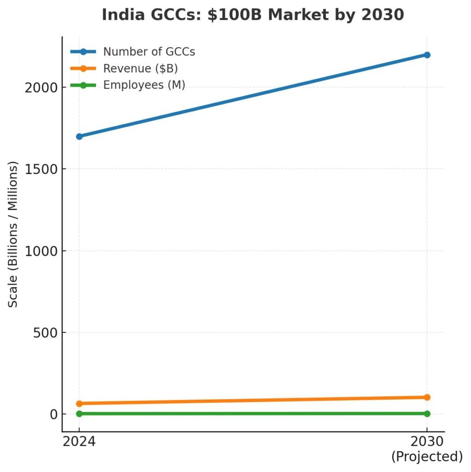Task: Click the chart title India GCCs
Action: pyautogui.click(x=253, y=15)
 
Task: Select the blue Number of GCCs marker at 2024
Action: pyautogui.click(x=79, y=136)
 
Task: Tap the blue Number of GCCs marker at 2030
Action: pyautogui.click(x=427, y=55)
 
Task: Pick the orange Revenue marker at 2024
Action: pyautogui.click(x=79, y=403)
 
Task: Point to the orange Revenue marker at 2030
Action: pyautogui.click(x=427, y=397)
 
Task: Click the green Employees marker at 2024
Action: pyautogui.click(x=79, y=414)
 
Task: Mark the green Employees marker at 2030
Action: pyautogui.click(x=427, y=414)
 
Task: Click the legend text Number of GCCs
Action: pyautogui.click(x=149, y=52)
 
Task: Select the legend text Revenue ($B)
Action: pyautogui.click(x=141, y=68)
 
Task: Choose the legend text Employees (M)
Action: pyautogui.click(x=144, y=85)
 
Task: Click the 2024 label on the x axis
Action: pyautogui.click(x=79, y=442)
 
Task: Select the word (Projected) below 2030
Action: pyautogui.click(x=427, y=457)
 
